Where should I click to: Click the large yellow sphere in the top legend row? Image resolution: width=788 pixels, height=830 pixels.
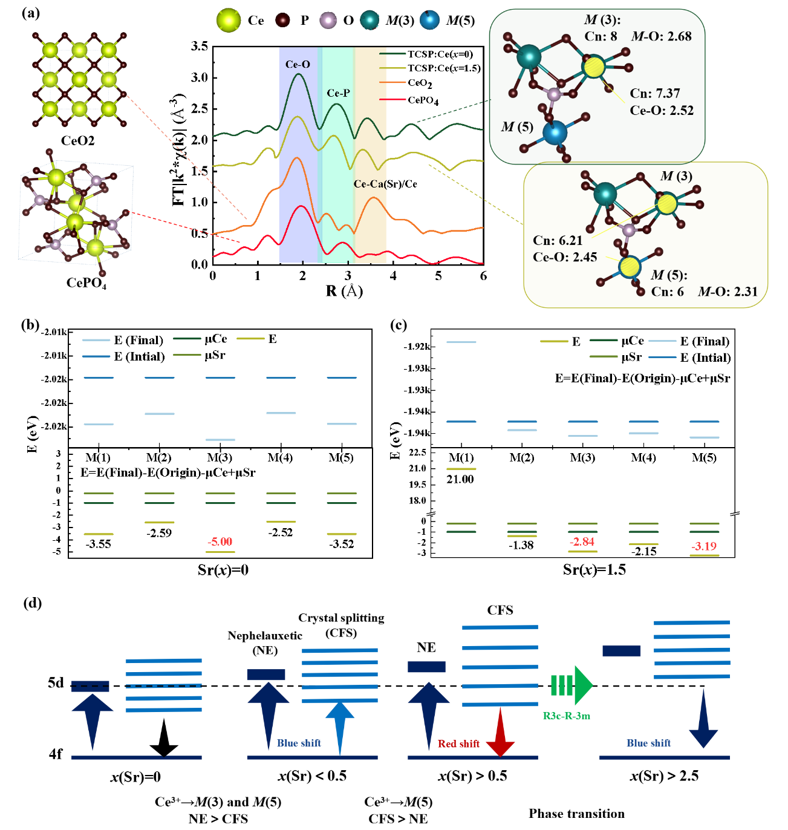(x=229, y=20)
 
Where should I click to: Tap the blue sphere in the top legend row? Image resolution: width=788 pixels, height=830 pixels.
(x=429, y=20)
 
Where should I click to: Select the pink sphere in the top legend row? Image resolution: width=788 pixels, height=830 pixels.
(x=328, y=20)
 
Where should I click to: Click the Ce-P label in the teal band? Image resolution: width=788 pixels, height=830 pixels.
(x=338, y=93)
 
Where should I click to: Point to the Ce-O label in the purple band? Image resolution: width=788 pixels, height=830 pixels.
(x=298, y=64)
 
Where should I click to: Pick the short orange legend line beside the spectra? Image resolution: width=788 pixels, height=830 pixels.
(x=392, y=82)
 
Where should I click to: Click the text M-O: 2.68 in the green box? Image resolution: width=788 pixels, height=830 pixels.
(x=661, y=36)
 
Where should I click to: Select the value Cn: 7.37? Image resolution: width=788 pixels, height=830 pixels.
(x=654, y=93)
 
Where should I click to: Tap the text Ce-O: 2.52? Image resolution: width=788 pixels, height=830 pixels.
(x=661, y=110)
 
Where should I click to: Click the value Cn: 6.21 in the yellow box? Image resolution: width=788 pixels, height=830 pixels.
(x=557, y=240)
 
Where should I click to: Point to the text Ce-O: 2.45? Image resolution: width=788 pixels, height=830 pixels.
(x=564, y=257)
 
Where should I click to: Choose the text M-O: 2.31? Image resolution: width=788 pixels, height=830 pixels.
(x=728, y=292)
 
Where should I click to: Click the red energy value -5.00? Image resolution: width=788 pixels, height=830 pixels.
(x=220, y=541)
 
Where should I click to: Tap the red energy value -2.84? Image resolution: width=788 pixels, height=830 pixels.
(x=582, y=541)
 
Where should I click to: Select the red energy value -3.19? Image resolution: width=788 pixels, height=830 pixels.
(x=704, y=546)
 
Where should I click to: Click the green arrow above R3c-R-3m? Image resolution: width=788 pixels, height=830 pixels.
(x=571, y=685)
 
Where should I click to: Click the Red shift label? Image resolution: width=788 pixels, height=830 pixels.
(x=458, y=743)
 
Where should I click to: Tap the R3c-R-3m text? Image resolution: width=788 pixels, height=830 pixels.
(x=566, y=716)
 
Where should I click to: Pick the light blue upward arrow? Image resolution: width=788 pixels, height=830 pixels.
(x=340, y=726)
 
